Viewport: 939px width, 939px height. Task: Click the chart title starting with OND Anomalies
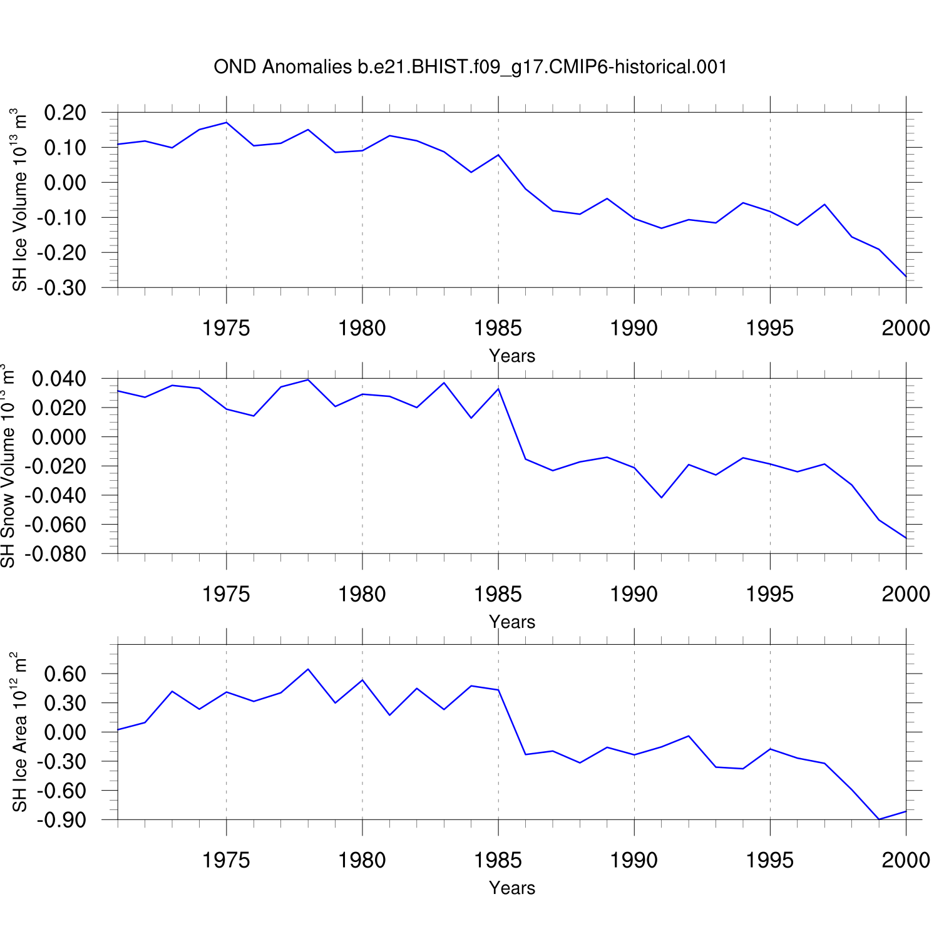pyautogui.click(x=470, y=67)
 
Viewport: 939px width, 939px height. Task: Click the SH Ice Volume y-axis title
pyautogui.click(x=20, y=200)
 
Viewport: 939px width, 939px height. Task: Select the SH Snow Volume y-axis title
pyautogui.click(x=8, y=466)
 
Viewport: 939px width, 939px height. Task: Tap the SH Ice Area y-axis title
pyautogui.click(x=20, y=732)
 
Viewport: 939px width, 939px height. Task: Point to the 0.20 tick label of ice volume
pyautogui.click(x=65, y=113)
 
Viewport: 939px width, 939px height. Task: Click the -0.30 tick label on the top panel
pyautogui.click(x=61, y=288)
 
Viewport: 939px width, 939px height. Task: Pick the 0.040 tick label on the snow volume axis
pyautogui.click(x=60, y=379)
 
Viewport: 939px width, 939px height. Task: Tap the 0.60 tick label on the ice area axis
pyautogui.click(x=65, y=674)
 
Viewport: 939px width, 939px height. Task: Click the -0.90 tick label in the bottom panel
pyautogui.click(x=61, y=820)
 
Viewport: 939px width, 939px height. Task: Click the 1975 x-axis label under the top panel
pyautogui.click(x=226, y=328)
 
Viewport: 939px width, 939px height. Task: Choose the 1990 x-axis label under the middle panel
pyautogui.click(x=634, y=594)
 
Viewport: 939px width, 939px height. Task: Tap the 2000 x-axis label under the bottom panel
pyautogui.click(x=905, y=860)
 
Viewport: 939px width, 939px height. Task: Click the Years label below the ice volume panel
pyautogui.click(x=512, y=356)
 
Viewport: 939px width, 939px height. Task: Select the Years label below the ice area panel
pyautogui.click(x=512, y=888)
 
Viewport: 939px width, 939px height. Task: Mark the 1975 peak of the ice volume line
pyautogui.click(x=227, y=122)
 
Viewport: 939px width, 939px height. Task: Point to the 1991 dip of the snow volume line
pyautogui.click(x=662, y=498)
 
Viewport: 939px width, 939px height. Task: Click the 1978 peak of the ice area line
pyautogui.click(x=308, y=669)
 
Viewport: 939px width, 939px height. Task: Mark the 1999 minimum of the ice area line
pyautogui.click(x=879, y=819)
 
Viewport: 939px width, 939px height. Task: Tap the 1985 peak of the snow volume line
pyautogui.click(x=498, y=389)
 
